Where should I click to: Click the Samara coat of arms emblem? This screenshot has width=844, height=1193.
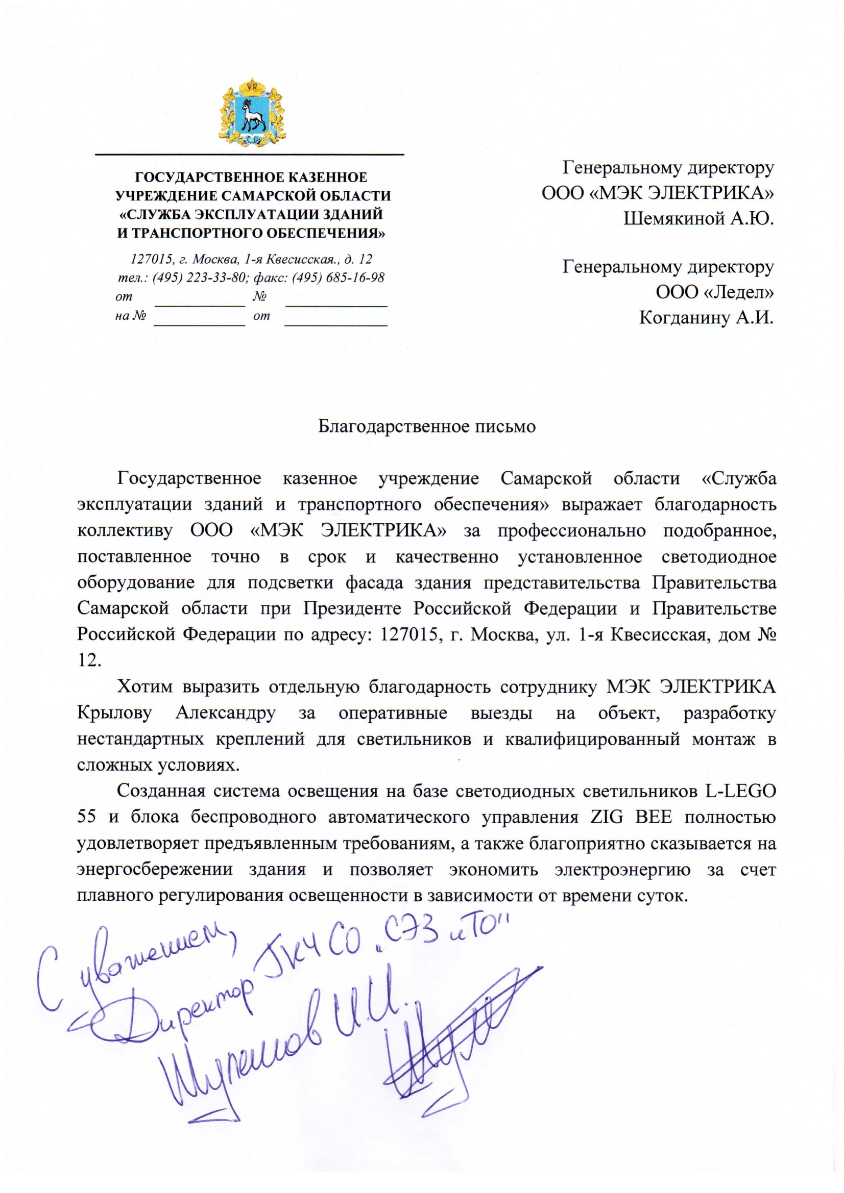pyautogui.click(x=252, y=111)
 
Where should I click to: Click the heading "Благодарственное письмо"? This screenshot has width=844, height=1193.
pyautogui.click(x=426, y=426)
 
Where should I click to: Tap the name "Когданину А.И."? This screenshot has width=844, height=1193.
pyautogui.click(x=706, y=317)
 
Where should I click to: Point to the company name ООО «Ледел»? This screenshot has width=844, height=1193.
pyautogui.click(x=714, y=292)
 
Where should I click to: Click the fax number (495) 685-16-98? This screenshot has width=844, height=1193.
pyautogui.click(x=338, y=277)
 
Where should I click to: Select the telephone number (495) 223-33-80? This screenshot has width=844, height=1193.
pyautogui.click(x=199, y=277)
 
